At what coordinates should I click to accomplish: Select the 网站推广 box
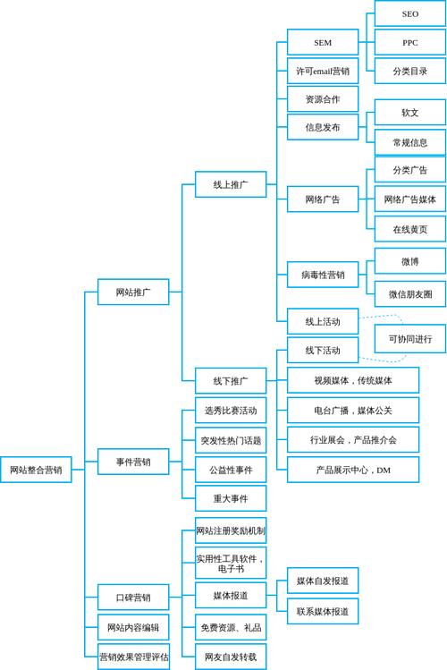(133, 292)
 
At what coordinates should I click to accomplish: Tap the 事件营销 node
(133, 462)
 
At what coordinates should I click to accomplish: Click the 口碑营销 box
(133, 598)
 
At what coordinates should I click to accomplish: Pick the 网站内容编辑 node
(133, 627)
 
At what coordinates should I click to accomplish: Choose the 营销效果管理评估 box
(133, 657)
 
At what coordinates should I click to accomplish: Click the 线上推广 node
(231, 185)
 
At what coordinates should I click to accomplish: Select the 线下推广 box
(231, 380)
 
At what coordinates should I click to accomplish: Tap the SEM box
(323, 42)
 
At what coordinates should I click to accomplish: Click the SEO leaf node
(409, 14)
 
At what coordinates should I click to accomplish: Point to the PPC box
(409, 42)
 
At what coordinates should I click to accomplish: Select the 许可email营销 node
(323, 71)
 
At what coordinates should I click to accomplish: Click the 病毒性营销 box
(323, 275)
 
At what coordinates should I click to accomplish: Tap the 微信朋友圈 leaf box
(409, 293)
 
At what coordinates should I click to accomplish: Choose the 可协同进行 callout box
(409, 339)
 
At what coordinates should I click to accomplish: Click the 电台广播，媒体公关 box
(353, 411)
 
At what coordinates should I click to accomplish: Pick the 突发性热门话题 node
(231, 440)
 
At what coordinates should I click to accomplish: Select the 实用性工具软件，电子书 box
(231, 564)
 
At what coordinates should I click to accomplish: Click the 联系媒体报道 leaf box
(323, 611)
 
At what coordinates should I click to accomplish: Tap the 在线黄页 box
(409, 229)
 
